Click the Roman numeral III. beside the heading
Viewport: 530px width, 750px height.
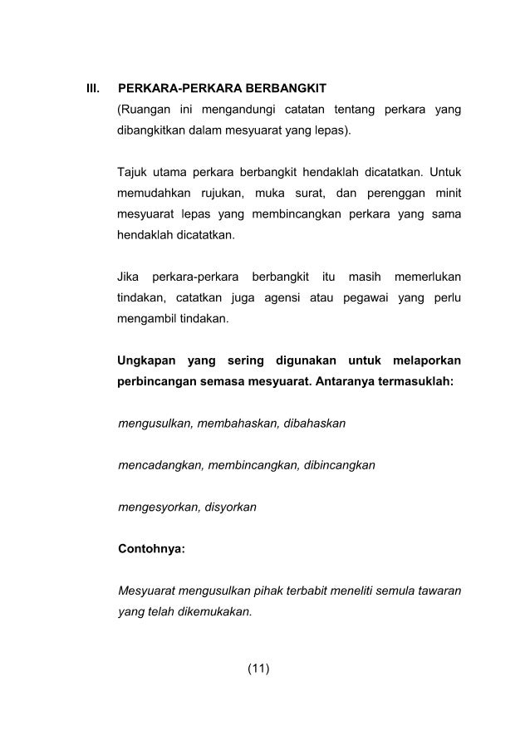[93, 87]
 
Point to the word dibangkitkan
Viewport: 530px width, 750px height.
[152, 131]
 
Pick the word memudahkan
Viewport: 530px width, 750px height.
[155, 194]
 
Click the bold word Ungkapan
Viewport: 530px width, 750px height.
[147, 361]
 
